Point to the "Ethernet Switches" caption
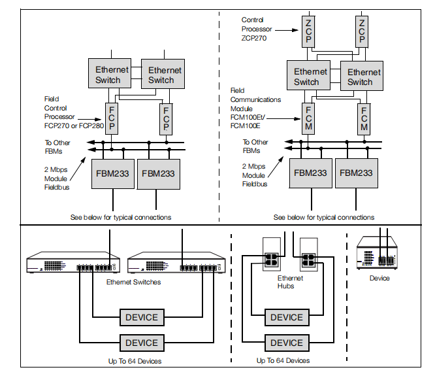(134, 282)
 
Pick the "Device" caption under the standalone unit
(379, 278)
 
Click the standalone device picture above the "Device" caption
(378, 254)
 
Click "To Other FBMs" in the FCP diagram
(57, 145)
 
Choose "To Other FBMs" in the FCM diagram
(255, 146)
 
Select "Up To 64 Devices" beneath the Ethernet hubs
(283, 360)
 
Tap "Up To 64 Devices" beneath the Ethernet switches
(135, 360)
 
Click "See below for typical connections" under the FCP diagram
(121, 216)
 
